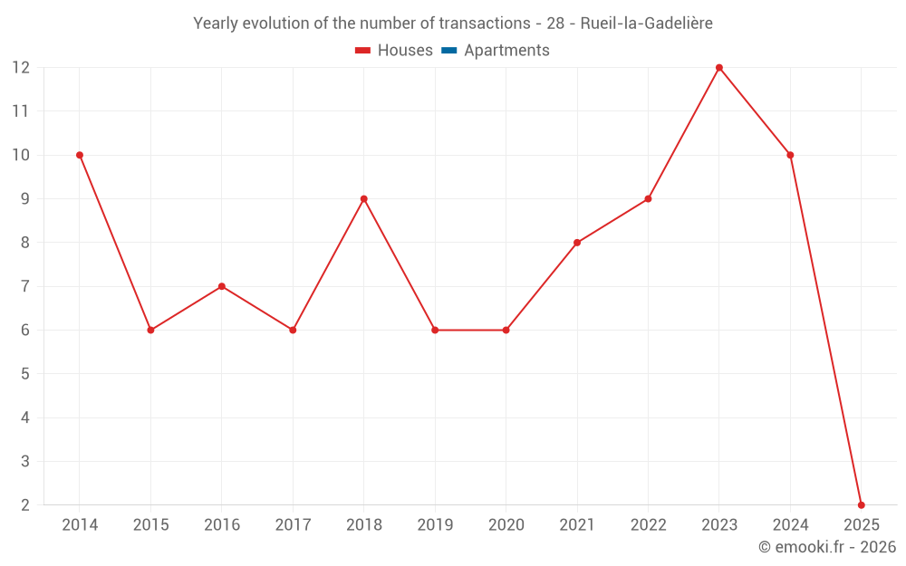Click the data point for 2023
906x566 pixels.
coord(719,68)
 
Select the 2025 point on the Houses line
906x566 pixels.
coord(862,505)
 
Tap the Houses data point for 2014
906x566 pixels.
coord(80,155)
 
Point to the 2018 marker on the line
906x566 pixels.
coord(364,199)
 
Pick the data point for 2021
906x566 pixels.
coord(577,243)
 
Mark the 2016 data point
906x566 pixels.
coord(222,286)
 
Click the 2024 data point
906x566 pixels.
coord(790,155)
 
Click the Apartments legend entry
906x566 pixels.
coord(506,51)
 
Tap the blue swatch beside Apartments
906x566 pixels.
coord(448,51)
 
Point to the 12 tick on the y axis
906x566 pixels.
coord(21,68)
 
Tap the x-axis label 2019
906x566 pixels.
coord(435,525)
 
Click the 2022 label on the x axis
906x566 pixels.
coord(648,525)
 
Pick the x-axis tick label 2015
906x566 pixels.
coord(150,525)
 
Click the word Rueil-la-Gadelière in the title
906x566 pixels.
coord(646,24)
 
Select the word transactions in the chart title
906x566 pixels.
coord(486,24)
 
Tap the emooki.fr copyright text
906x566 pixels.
coord(827,547)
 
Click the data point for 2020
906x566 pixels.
coord(506,331)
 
